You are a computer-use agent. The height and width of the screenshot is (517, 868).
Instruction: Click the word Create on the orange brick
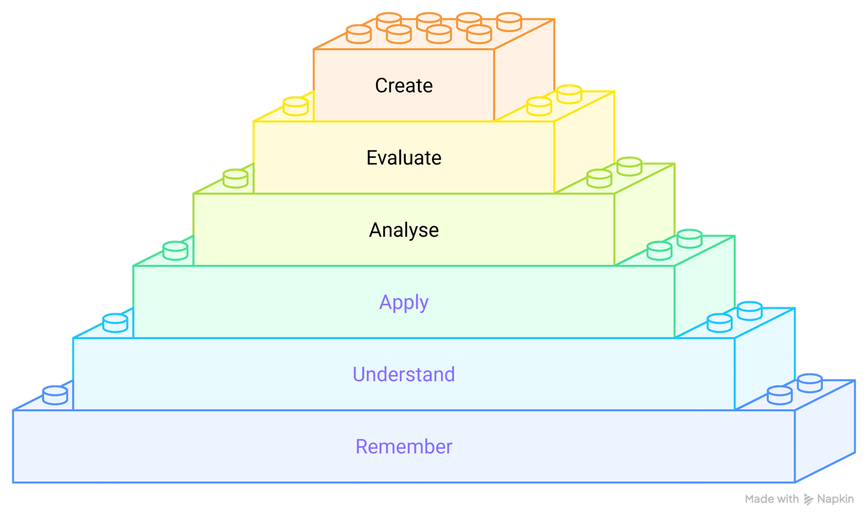404,86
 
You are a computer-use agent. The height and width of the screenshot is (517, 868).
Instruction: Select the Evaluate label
404,158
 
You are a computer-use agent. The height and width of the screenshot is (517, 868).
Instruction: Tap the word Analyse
404,230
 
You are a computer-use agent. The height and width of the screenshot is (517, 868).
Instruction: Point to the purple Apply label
404,302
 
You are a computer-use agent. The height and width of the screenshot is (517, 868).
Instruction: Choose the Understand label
404,375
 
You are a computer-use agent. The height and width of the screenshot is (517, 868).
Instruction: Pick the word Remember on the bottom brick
404,447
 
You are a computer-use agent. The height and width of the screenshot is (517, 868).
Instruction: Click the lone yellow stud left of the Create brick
296,106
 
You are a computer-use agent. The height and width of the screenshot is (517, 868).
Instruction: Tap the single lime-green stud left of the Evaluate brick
235,178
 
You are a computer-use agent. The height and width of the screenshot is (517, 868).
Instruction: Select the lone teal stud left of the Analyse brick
175,250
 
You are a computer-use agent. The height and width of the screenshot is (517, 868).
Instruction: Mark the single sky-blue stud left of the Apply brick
115,323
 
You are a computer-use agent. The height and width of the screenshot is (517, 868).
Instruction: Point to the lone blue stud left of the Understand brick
55,395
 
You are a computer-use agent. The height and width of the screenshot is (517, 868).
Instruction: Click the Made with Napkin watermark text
799,499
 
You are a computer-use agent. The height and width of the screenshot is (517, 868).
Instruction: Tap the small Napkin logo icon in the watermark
808,499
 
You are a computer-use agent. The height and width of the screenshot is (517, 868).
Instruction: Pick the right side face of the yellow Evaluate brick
584,142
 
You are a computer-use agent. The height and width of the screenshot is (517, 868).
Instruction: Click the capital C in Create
381,86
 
